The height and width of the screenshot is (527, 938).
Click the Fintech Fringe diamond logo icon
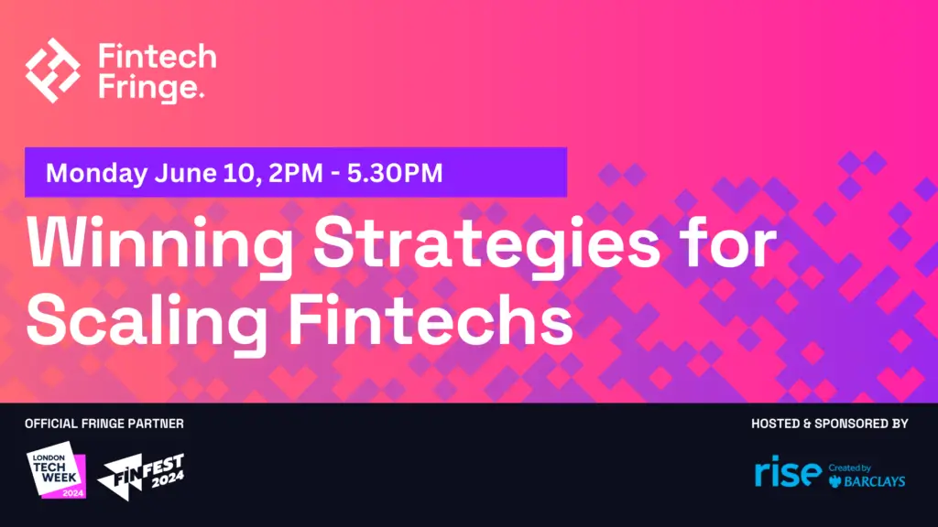click(52, 70)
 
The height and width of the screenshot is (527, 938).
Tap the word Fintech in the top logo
click(158, 56)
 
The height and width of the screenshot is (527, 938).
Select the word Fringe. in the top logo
click(151, 87)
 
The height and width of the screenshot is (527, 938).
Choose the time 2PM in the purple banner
click(296, 173)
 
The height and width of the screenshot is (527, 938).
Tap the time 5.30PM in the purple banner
click(395, 173)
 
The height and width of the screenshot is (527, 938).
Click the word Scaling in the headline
click(147, 323)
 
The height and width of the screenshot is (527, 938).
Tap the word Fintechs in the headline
click(431, 319)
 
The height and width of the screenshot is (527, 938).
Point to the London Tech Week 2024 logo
click(56, 470)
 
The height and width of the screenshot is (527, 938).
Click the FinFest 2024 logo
click(141, 476)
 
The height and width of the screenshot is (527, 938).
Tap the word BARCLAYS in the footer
click(875, 481)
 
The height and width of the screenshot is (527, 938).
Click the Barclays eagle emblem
click(835, 481)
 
